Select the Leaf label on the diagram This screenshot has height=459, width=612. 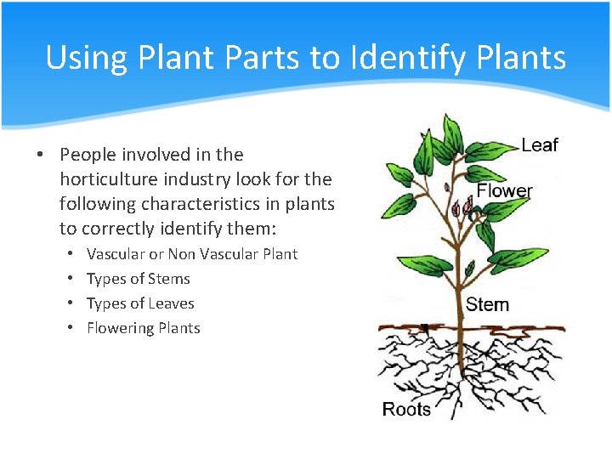(540, 145)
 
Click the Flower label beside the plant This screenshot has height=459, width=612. (504, 190)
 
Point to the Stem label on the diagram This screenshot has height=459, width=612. (487, 303)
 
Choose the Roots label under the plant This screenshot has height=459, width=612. (406, 409)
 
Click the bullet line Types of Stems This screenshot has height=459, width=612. (138, 279)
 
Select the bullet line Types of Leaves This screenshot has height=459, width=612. (140, 303)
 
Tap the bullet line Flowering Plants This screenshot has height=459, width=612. (143, 328)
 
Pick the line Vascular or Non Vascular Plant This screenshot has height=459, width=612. (191, 254)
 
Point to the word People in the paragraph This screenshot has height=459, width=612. (89, 155)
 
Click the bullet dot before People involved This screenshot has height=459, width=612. (40, 155)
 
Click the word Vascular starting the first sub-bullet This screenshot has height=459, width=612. (116, 254)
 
